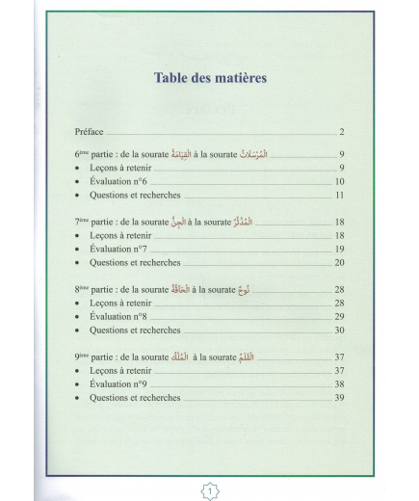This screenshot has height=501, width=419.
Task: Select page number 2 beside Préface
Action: click(341, 131)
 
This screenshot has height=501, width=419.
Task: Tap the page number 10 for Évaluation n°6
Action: click(339, 181)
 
